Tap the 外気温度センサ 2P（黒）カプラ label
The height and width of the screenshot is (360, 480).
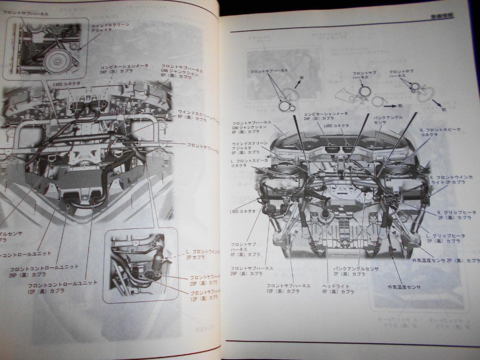click(447, 260)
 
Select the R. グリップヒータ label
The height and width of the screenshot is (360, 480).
click(449, 215)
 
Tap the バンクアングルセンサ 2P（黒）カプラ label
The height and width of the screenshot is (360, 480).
click(356, 271)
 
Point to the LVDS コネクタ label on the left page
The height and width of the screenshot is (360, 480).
click(60, 83)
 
